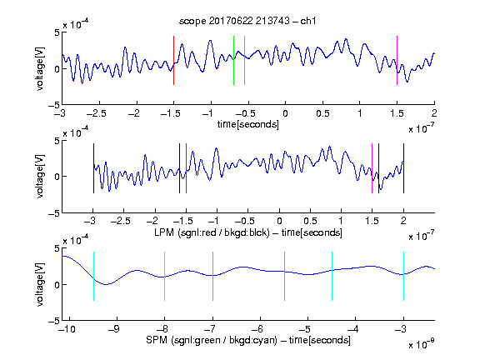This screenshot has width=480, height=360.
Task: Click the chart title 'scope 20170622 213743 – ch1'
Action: tap(247, 21)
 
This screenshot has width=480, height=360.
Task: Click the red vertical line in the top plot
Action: tap(173, 60)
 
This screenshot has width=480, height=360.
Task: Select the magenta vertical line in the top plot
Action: tap(397, 60)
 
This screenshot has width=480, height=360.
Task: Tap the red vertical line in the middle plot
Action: tap(186, 168)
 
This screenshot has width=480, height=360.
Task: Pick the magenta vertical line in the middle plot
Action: tap(372, 168)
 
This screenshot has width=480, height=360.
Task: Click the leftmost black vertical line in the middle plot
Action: tap(93, 168)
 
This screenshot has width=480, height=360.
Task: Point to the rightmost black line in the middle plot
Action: tap(403, 168)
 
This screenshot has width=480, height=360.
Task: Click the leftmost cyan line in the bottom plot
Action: tap(93, 276)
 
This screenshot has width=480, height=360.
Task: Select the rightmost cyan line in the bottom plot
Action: tap(403, 276)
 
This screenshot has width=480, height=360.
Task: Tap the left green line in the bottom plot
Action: tap(212, 276)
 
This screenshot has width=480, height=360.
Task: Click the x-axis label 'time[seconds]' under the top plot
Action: tap(248, 124)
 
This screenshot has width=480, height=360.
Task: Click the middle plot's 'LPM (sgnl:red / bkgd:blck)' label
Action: tap(212, 232)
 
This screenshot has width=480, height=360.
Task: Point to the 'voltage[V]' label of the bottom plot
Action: tap(40, 284)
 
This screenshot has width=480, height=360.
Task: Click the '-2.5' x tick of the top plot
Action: tap(97, 113)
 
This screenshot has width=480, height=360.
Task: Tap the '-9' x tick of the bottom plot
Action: tap(114, 329)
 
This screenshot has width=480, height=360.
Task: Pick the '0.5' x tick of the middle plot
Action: tap(310, 221)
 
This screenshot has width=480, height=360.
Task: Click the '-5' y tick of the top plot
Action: tap(53, 105)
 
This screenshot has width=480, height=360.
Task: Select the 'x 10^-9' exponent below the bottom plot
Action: tap(422, 344)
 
